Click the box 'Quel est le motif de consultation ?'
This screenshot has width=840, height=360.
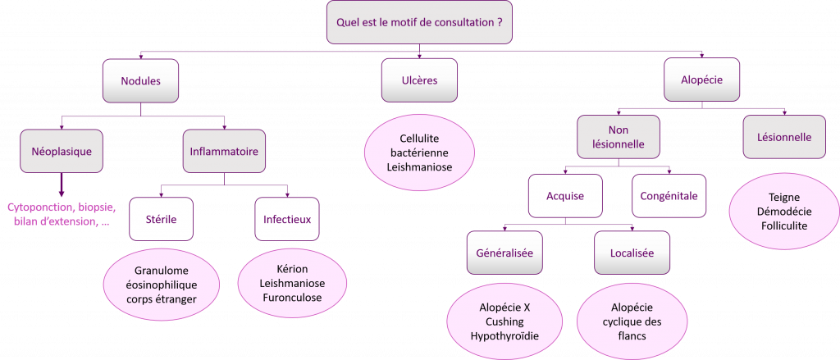[x=419, y=23]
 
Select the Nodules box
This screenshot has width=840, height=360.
[x=140, y=81]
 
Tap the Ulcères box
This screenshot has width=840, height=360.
[x=420, y=81]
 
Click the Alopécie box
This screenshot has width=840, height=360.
[x=701, y=81]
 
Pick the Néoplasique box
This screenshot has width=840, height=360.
[x=62, y=151]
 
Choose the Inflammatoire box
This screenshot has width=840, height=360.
[x=224, y=151]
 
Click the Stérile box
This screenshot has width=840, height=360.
[x=161, y=219]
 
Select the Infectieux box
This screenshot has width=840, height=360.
[x=287, y=219]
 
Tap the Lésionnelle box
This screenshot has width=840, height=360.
[x=784, y=137]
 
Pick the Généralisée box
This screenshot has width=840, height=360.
[x=504, y=253]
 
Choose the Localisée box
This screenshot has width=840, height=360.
[x=632, y=253]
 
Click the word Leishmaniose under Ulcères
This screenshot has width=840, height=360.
[x=419, y=168]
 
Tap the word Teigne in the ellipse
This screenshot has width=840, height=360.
[x=784, y=197]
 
